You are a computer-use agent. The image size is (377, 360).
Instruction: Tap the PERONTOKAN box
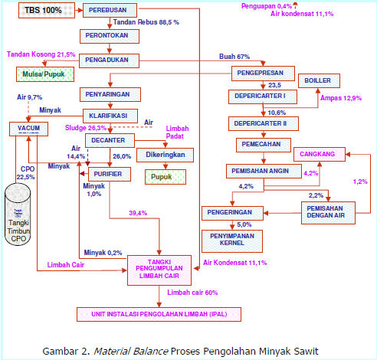(x=107, y=36)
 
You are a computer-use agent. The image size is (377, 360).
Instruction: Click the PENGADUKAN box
(x=107, y=59)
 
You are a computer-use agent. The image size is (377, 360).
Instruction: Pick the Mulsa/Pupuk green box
(x=45, y=75)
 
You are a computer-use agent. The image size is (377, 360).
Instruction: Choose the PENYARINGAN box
(x=107, y=93)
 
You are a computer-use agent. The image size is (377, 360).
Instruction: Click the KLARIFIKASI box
(x=107, y=116)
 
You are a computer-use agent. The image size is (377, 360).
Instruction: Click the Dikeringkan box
(x=165, y=155)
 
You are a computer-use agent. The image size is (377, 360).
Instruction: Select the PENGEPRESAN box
(x=262, y=73)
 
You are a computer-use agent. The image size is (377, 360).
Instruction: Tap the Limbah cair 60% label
(x=192, y=293)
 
